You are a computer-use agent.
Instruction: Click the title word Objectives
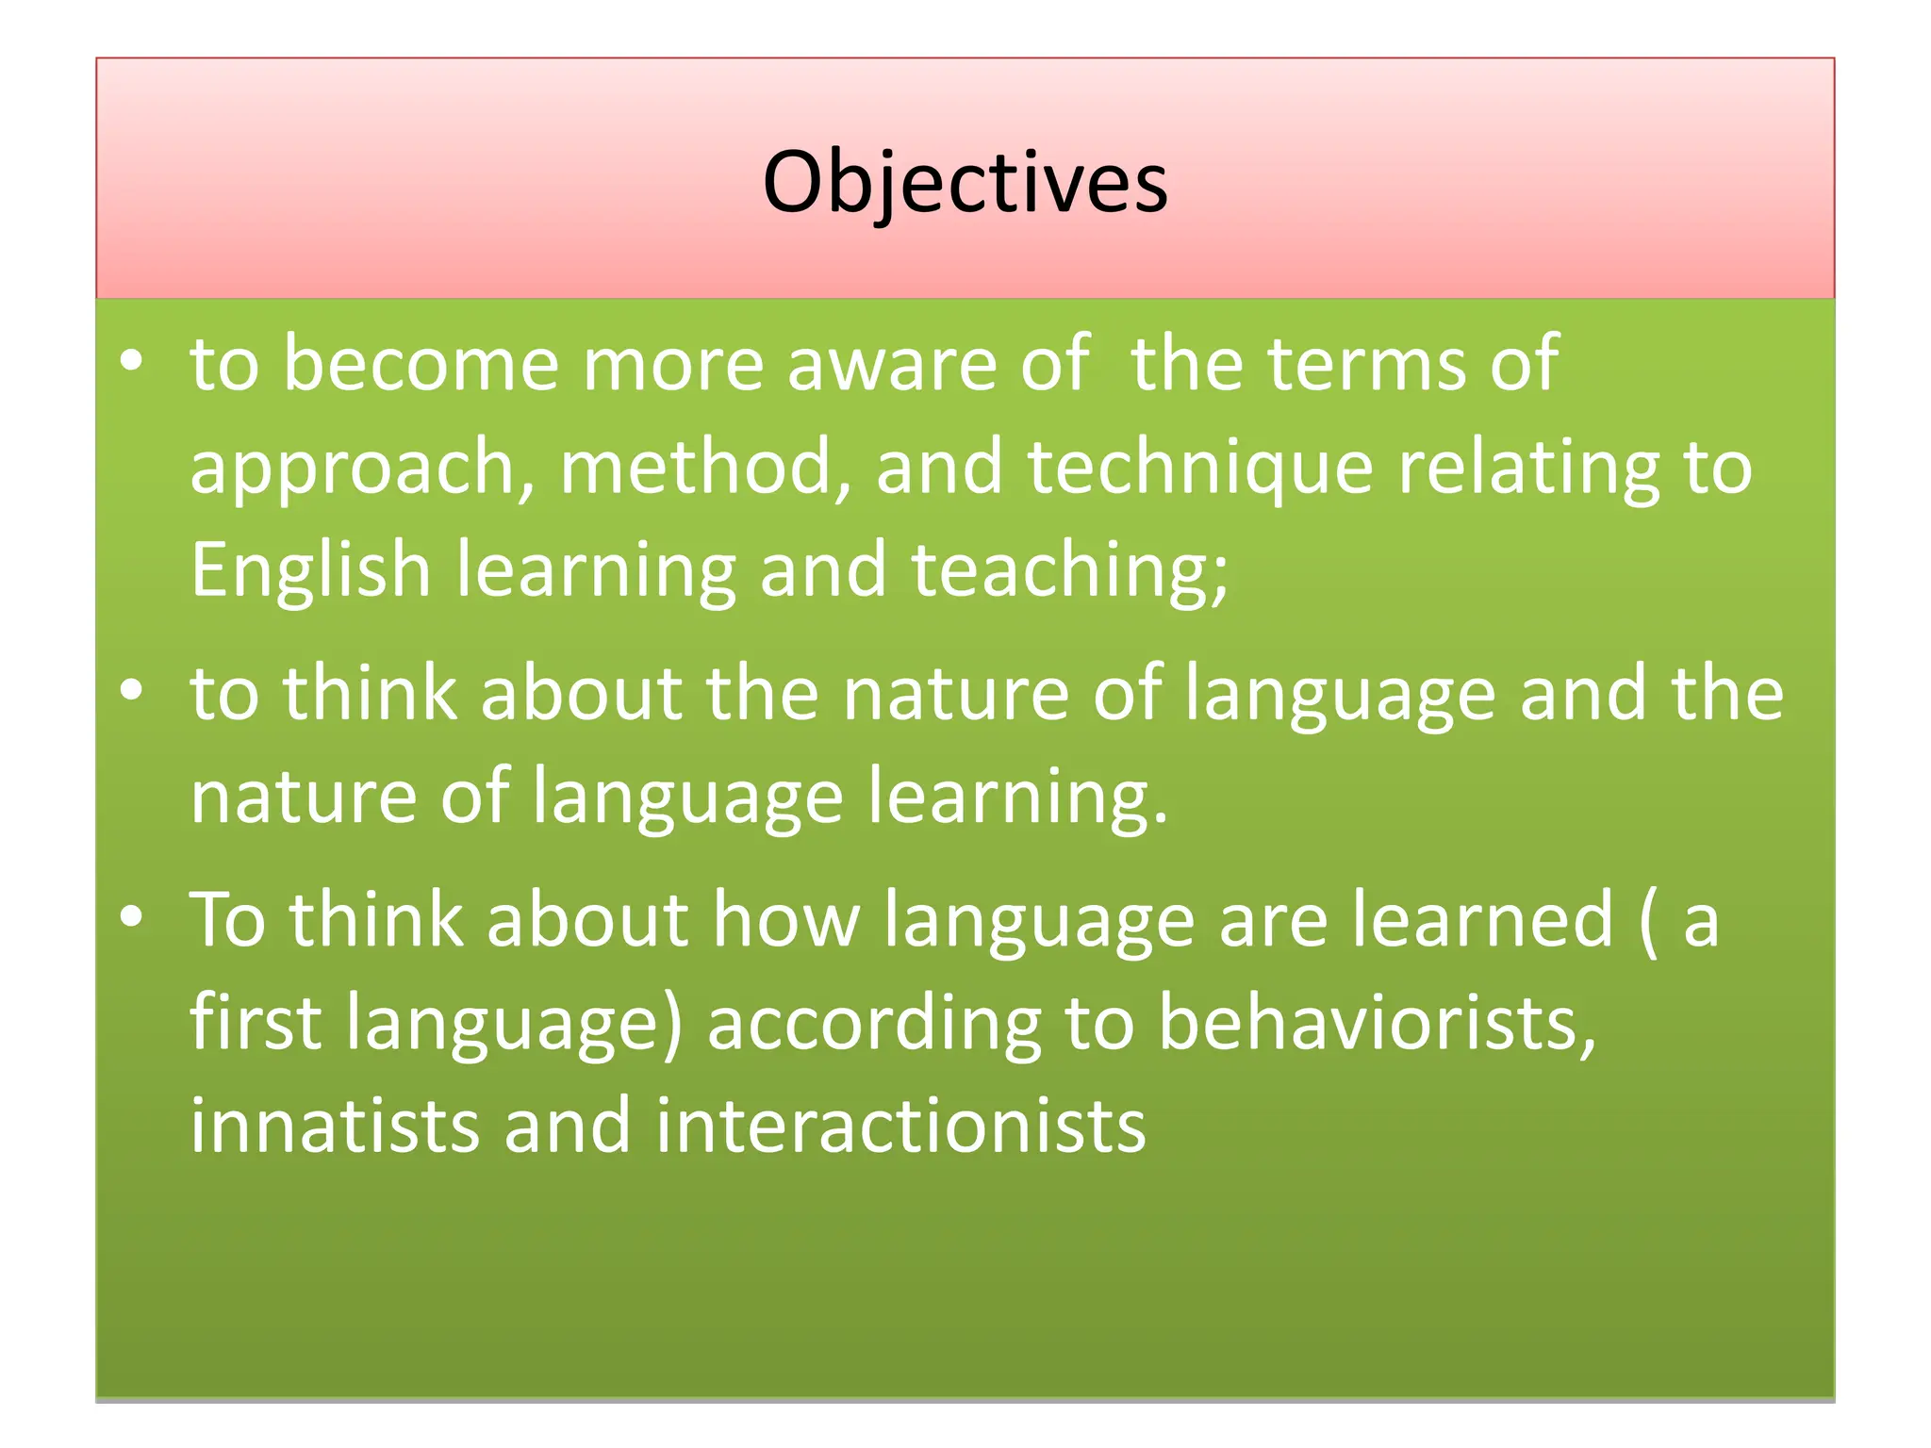coord(965,182)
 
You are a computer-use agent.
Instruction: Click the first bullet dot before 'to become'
coord(132,361)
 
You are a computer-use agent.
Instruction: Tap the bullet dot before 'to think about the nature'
coord(132,691)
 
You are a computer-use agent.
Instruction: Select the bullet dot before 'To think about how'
coord(132,917)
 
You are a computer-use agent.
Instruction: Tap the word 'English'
coord(310,570)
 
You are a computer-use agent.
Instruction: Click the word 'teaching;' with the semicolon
coord(1070,570)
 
